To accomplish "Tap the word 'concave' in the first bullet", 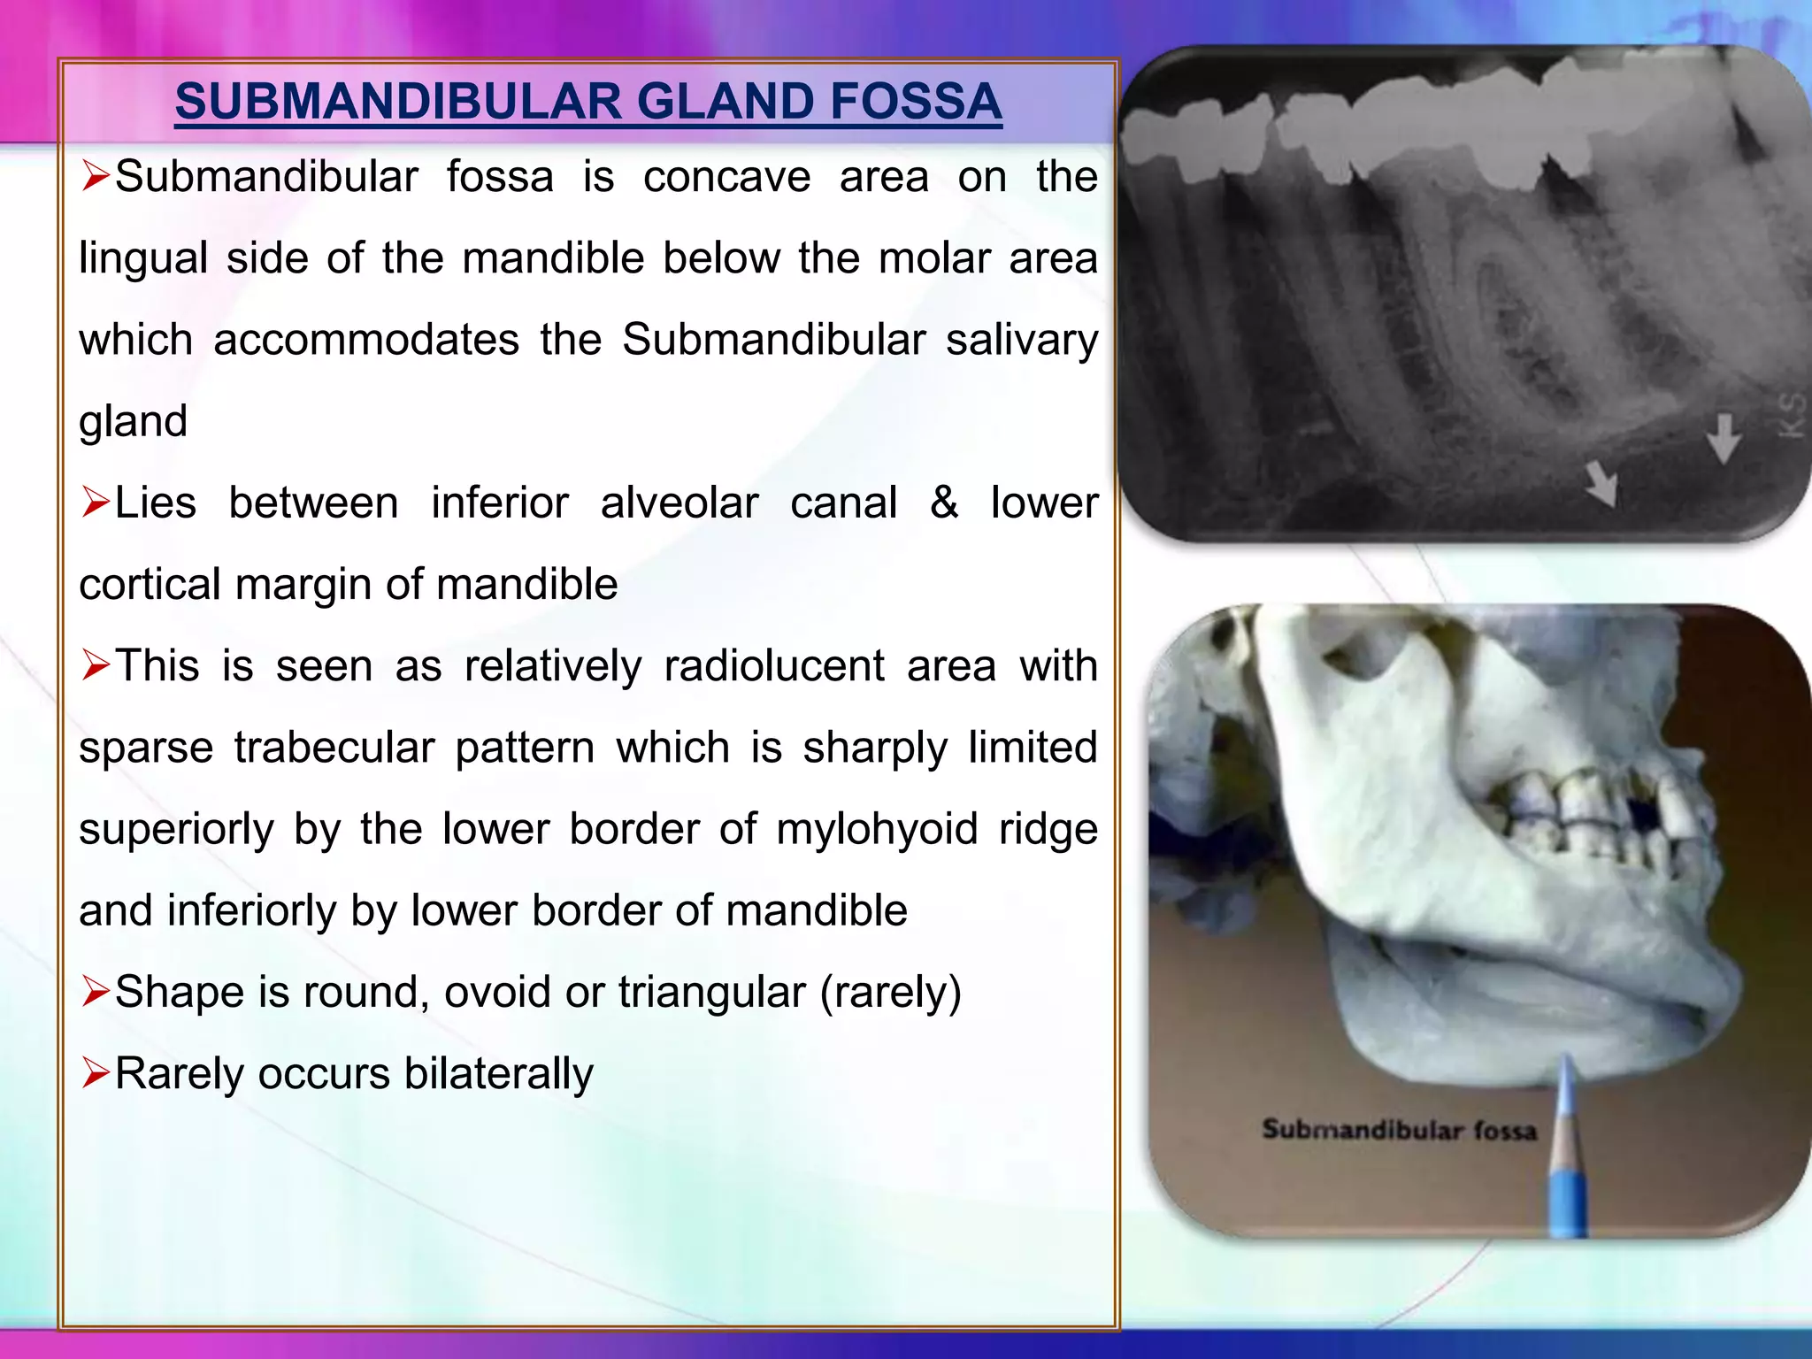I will pyautogui.click(x=726, y=177).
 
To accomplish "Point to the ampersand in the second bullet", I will pyautogui.click(x=944, y=503).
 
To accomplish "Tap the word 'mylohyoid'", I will pyautogui.click(x=877, y=829).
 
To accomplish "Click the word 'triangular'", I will pyautogui.click(x=712, y=992).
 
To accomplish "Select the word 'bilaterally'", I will pyautogui.click(x=499, y=1074).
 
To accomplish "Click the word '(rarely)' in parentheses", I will pyautogui.click(x=891, y=992).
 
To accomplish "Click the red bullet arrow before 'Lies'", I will pyautogui.click(x=95, y=503).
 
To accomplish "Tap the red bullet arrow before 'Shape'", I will pyautogui.click(x=95, y=992).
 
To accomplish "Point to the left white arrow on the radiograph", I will pyautogui.click(x=1601, y=483).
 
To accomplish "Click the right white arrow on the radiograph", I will pyautogui.click(x=1724, y=437).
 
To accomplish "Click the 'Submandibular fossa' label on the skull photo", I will pyautogui.click(x=1399, y=1131).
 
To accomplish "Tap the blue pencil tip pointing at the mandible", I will pyautogui.click(x=1566, y=1066).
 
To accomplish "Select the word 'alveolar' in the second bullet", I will pyautogui.click(x=679, y=503).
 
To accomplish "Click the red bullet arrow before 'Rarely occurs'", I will pyautogui.click(x=95, y=1074).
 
